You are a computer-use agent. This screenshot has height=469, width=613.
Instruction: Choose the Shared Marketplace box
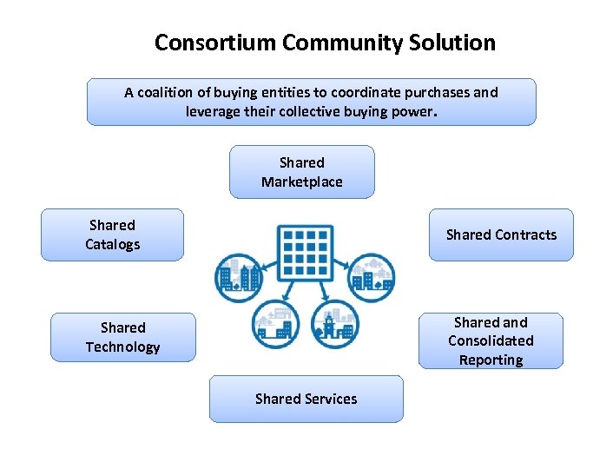302,172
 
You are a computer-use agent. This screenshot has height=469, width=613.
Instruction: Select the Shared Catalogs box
112,234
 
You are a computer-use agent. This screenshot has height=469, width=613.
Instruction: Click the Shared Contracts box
501,234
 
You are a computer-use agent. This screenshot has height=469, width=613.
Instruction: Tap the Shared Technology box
122,337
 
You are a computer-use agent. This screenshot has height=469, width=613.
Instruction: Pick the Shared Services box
306,399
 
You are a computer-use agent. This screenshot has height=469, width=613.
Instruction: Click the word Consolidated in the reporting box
491,340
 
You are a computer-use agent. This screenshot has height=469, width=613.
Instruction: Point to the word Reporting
491,360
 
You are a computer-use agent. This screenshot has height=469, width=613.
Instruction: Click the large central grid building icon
303,252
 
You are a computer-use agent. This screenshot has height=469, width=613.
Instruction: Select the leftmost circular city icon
238,276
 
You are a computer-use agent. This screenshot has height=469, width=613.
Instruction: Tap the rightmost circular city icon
372,276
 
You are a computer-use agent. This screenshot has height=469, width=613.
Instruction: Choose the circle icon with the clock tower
333,326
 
